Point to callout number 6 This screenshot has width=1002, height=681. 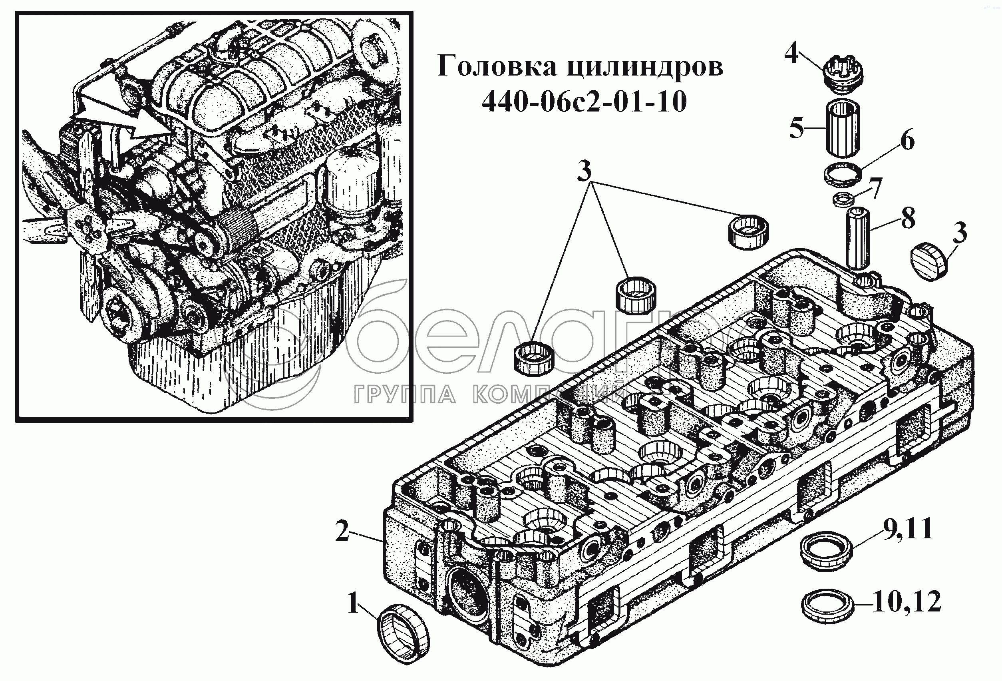coord(907,141)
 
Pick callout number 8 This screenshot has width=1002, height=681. coord(907,219)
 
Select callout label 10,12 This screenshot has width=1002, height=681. coord(907,601)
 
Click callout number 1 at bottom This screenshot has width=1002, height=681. coord(353,603)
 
